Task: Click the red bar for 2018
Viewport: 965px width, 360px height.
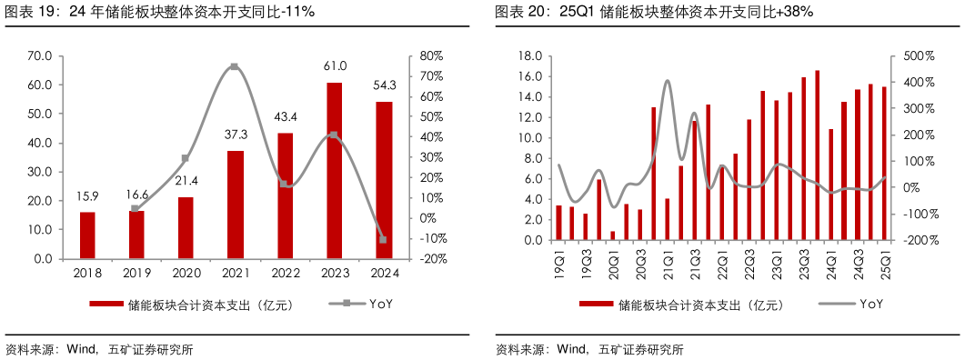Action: (x=87, y=235)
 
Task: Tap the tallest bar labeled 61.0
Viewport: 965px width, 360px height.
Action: (x=335, y=171)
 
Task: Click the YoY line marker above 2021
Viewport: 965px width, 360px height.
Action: (x=235, y=66)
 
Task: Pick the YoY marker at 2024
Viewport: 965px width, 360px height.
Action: (x=383, y=239)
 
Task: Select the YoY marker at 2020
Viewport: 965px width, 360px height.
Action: (x=186, y=158)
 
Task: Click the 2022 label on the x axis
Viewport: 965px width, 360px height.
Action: (x=286, y=273)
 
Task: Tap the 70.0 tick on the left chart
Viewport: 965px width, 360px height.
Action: (x=40, y=56)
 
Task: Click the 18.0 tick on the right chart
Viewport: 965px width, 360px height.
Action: (x=529, y=56)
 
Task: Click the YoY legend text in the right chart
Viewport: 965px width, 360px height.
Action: (x=871, y=304)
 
